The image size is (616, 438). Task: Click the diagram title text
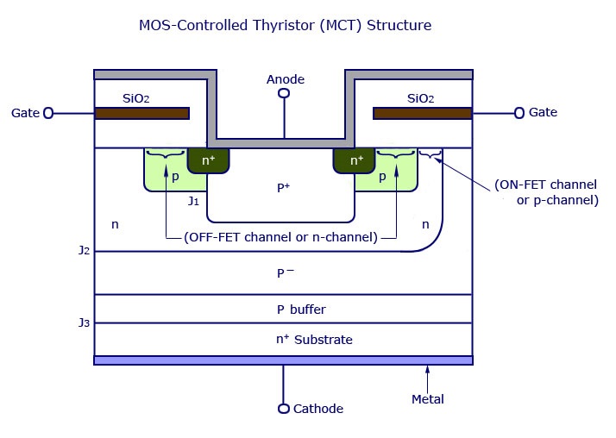tap(285, 25)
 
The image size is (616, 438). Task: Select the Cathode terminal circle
tap(284, 409)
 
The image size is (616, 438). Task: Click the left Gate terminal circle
tap(48, 113)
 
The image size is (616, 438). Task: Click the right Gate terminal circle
tap(519, 113)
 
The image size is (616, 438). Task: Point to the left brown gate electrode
tap(142, 113)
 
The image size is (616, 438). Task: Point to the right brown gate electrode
tap(422, 113)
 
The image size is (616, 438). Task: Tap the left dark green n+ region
tap(208, 160)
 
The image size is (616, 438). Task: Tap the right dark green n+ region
tap(356, 160)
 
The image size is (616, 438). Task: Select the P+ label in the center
tap(283, 186)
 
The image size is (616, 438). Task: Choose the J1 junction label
tap(193, 202)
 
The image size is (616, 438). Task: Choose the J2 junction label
tap(84, 252)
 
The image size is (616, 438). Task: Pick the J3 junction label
tap(84, 323)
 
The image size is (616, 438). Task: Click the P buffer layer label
tap(301, 310)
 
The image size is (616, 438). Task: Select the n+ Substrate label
tap(314, 340)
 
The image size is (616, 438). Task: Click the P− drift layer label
tap(286, 273)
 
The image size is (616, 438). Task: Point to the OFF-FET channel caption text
tap(280, 237)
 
